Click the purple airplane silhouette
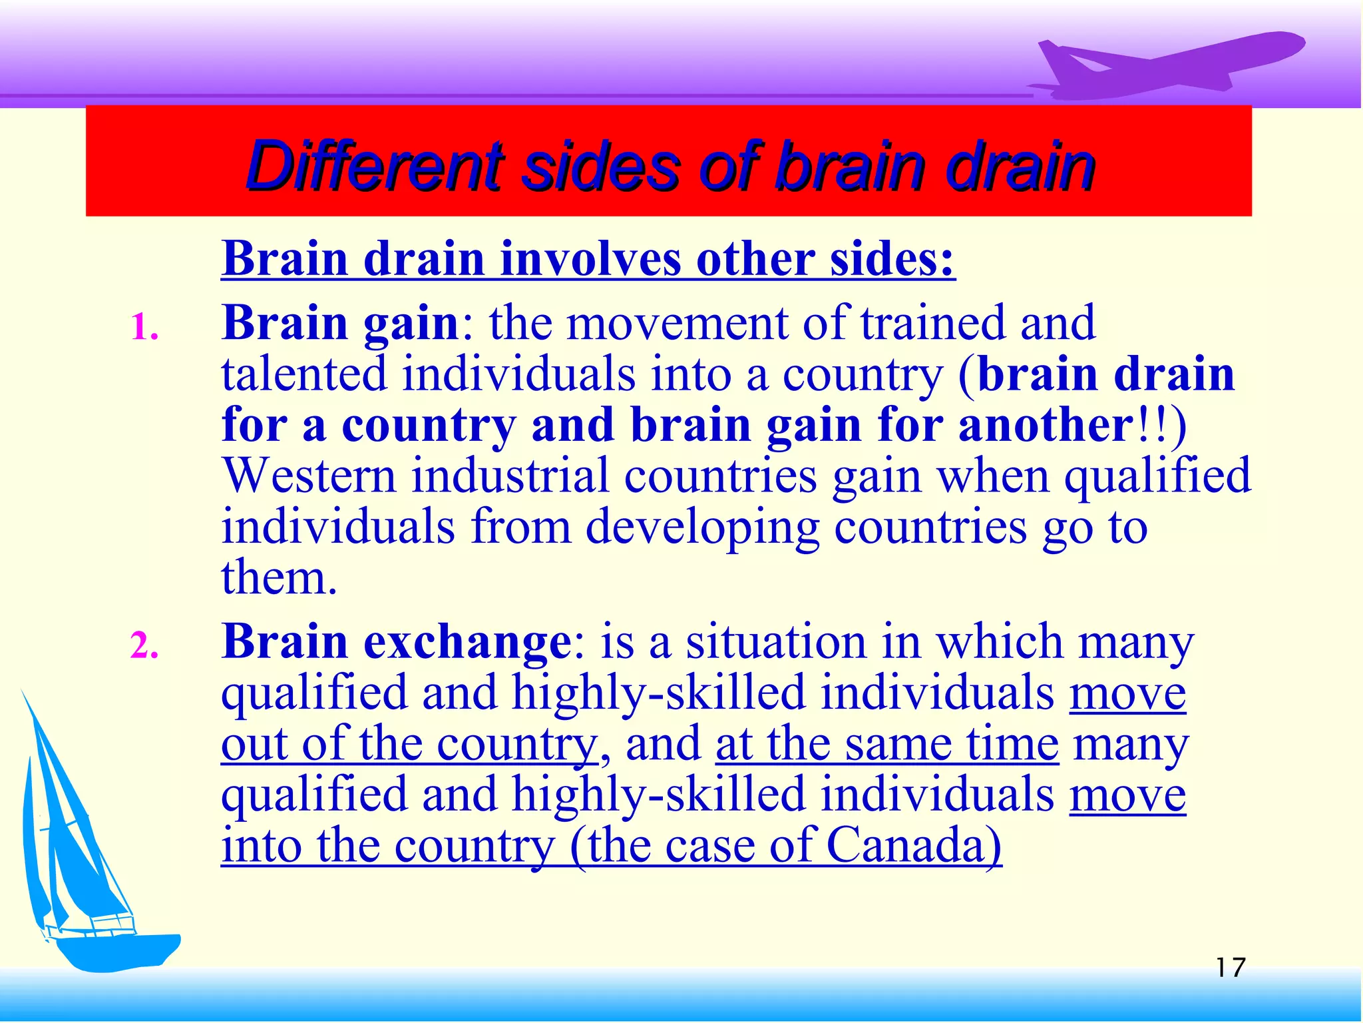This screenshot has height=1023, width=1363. point(1171,67)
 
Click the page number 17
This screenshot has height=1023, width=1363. point(1230,967)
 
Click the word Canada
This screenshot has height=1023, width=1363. point(913,846)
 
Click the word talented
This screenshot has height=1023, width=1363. point(303,374)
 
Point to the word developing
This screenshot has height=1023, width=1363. point(702,527)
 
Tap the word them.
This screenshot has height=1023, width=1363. point(278,578)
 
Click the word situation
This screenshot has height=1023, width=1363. point(776,642)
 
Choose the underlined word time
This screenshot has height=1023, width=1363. point(1012,745)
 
